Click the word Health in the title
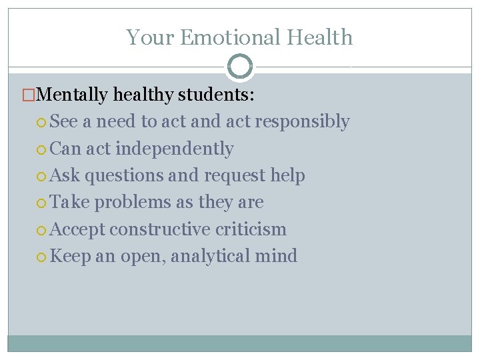322,37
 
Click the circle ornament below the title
240,67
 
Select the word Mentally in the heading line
73,95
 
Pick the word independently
175,149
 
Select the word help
287,175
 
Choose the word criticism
251,229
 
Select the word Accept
77,229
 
